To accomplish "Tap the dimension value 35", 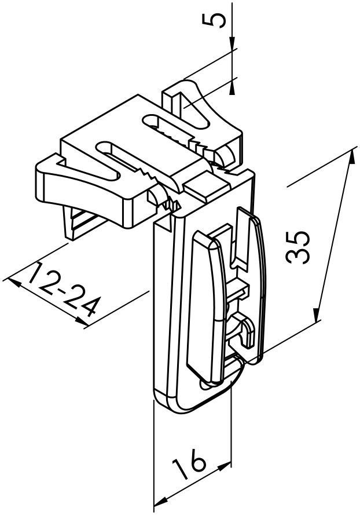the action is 297,247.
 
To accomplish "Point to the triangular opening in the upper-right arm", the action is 196,112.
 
